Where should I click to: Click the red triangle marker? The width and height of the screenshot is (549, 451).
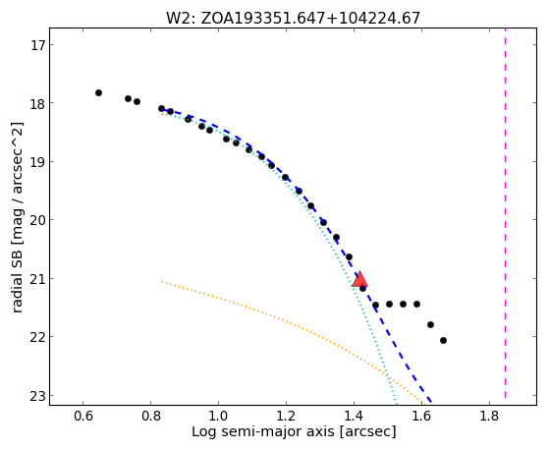359,279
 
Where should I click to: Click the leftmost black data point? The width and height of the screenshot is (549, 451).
99,93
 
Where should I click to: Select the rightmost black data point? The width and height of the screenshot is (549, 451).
443,340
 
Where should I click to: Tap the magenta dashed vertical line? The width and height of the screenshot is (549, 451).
505,213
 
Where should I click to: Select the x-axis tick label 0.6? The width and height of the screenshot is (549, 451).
82,417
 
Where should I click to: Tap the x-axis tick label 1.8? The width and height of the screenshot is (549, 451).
489,417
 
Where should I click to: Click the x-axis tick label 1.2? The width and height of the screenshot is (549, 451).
286,417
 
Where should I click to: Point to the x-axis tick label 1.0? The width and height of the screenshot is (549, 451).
218,417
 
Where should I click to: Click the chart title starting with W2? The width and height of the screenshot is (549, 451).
293,18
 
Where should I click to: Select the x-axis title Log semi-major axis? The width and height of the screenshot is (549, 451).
294,432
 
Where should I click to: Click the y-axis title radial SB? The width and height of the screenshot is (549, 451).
17,217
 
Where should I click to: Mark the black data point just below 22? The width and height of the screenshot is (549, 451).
443,340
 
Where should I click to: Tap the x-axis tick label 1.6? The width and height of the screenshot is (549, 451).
421,417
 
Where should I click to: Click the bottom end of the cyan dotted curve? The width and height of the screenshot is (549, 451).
396,404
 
